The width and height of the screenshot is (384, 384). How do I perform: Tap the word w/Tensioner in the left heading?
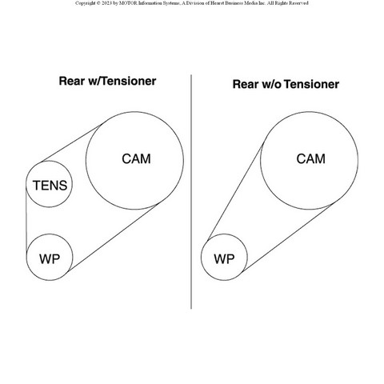(x=122, y=81)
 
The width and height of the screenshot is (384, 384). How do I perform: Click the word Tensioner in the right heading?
(x=311, y=84)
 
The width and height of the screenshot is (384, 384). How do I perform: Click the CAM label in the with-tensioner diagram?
(x=136, y=159)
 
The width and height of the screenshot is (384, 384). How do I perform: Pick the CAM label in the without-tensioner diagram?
(x=311, y=159)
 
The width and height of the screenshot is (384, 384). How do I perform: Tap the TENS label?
(x=50, y=186)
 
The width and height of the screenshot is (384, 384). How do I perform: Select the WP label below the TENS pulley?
(x=50, y=259)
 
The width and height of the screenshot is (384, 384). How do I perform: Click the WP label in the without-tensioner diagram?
(x=224, y=259)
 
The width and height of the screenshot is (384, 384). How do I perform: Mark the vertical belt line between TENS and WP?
(x=26, y=219)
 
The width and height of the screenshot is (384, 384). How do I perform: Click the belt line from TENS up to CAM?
(x=70, y=143)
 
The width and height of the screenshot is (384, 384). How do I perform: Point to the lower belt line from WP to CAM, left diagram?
(x=113, y=238)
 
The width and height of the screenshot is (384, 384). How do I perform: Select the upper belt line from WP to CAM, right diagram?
(x=235, y=191)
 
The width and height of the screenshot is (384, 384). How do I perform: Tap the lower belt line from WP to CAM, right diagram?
(x=287, y=238)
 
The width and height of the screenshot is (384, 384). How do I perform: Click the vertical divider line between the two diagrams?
(x=191, y=192)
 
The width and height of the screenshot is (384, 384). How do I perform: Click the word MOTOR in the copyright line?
(x=128, y=3)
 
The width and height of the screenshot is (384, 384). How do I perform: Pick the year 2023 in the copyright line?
(x=106, y=3)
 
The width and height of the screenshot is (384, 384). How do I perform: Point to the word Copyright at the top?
(x=86, y=3)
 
